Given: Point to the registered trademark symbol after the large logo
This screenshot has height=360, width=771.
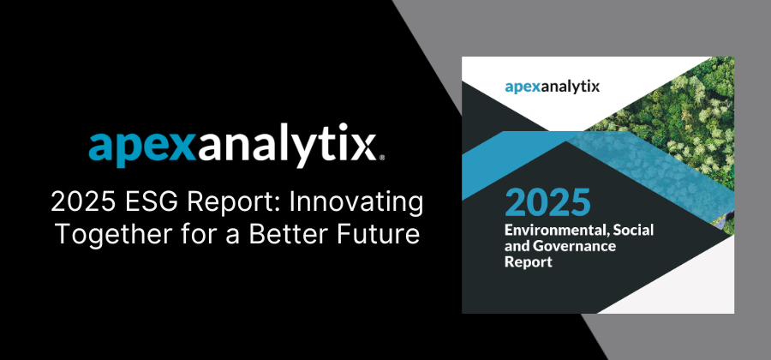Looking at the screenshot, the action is [382, 158].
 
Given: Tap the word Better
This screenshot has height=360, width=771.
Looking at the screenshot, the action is [288, 234].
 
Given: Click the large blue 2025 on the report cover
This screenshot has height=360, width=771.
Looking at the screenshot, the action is [547, 201].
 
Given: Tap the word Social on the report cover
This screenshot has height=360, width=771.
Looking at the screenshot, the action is [636, 230].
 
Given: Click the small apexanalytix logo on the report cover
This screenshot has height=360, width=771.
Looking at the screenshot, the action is [553, 87].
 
